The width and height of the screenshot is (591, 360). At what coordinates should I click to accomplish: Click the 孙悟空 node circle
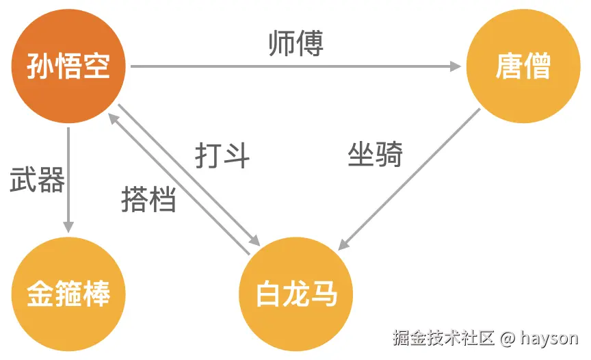point(68,66)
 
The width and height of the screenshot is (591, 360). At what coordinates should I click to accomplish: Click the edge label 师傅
point(295,42)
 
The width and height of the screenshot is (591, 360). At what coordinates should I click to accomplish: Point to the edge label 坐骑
point(375,155)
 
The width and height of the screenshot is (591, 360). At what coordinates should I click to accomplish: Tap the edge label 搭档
point(148,199)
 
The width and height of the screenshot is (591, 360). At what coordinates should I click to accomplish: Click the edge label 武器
point(38,180)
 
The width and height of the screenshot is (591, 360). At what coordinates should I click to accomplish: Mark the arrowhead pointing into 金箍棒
point(68,227)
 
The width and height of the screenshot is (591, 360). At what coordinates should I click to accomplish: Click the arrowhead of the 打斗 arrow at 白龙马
point(256,242)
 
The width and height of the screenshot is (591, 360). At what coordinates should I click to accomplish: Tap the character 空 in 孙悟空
point(96,66)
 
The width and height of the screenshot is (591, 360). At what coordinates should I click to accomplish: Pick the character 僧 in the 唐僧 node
point(538,66)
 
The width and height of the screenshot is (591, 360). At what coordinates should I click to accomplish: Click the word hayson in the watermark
point(549,337)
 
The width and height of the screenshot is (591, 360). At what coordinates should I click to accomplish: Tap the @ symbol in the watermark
point(507,337)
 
